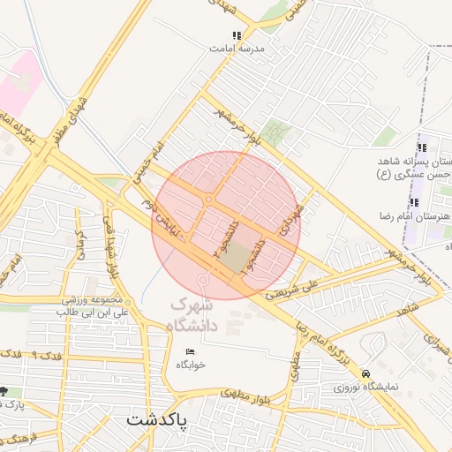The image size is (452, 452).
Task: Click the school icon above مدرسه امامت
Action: tap(236, 36)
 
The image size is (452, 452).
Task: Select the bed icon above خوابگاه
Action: tap(190, 352)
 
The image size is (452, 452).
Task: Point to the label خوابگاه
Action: tap(190, 365)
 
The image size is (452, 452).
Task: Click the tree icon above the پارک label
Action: tap(4, 392)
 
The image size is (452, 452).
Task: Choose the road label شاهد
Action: tap(407, 311)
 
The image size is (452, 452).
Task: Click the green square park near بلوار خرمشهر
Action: tap(277, 132)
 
